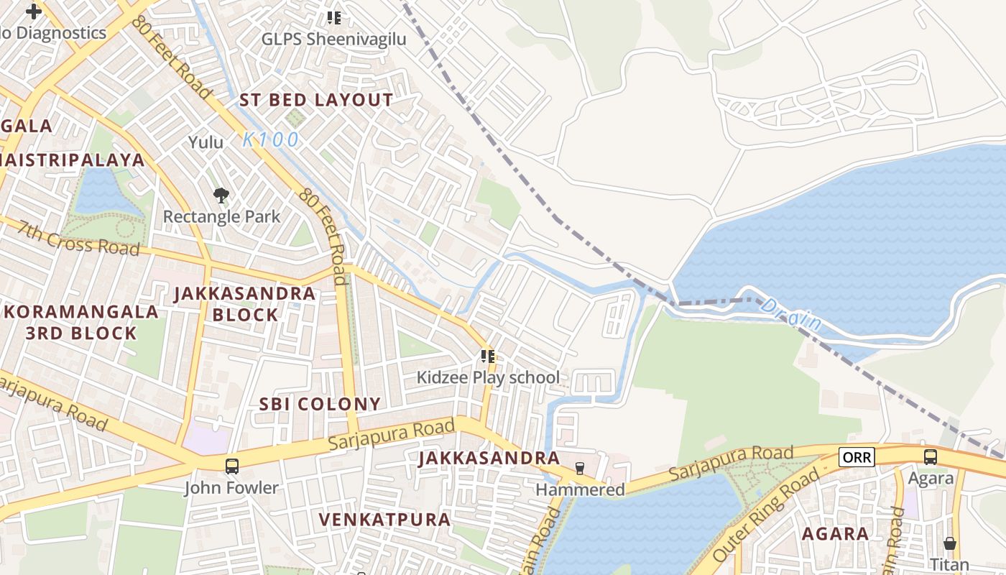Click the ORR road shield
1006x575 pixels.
coord(857,457)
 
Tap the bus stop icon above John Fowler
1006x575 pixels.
coord(232,466)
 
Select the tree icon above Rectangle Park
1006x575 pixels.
coord(221,195)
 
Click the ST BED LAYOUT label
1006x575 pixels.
coord(316,100)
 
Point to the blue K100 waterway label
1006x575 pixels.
coord(270,139)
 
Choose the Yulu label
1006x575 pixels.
coord(206,142)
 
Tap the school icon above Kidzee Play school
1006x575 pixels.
coord(488,356)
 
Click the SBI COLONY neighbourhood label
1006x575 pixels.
coord(320,404)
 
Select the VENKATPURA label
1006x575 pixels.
coord(384,519)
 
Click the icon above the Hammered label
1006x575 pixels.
coord(580,469)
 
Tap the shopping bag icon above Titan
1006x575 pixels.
coord(950,543)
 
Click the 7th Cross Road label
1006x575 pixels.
coord(79,238)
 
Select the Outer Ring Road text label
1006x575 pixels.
coord(766,515)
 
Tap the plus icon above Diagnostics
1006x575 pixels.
coord(33,11)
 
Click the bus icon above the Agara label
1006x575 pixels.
coord(931,457)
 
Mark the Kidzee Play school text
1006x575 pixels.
coord(488,377)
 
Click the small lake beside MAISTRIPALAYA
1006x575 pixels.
coord(104,193)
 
